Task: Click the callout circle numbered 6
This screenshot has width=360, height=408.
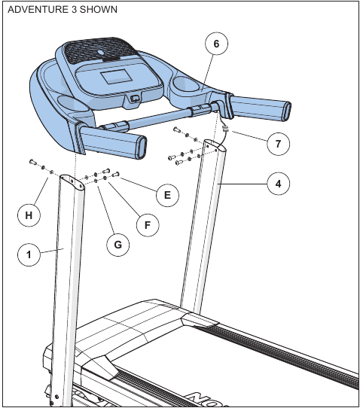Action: pos(216,44)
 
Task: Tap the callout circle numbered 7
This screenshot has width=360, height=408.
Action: pos(278,144)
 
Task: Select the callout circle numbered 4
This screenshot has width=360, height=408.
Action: pos(278,184)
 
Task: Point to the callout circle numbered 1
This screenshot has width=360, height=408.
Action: pos(29,254)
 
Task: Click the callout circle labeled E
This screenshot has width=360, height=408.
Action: pos(167,195)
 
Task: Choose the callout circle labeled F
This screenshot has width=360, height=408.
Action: pos(148,225)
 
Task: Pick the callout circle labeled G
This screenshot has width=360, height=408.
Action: pos(118,245)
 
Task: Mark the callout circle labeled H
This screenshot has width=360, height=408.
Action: pos(29,215)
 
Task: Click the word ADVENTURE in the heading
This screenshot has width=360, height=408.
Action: pos(38,9)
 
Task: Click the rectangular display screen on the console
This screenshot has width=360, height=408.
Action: pos(116,77)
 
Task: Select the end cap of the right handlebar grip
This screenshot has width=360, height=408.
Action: pos(287,111)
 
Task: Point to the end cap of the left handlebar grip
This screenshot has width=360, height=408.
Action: pos(142,148)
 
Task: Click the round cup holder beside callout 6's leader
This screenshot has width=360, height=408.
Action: pos(185,84)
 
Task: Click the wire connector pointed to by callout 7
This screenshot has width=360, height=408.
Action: pos(225,128)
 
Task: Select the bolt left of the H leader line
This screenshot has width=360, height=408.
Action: pos(33,162)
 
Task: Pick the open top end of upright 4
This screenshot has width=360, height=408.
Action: pos(215,146)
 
